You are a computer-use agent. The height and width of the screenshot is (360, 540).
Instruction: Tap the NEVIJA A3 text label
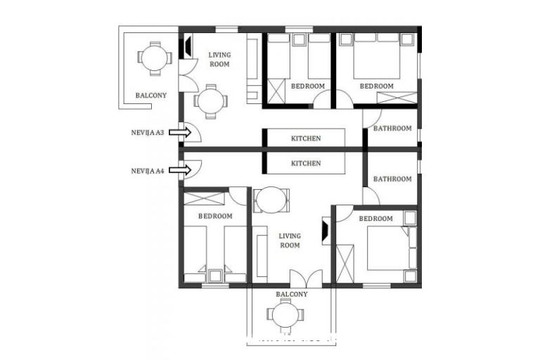tap(148, 131)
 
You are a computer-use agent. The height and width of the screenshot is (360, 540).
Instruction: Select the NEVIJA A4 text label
tap(148, 170)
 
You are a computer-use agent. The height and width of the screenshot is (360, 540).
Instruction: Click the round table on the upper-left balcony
tap(153, 57)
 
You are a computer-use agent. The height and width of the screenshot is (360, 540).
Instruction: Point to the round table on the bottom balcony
tap(285, 314)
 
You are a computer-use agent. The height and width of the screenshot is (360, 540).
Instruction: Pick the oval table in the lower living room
tap(270, 200)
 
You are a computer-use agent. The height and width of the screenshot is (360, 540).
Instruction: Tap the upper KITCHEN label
tap(306, 139)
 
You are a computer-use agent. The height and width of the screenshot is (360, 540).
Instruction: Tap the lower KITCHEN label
tap(306, 163)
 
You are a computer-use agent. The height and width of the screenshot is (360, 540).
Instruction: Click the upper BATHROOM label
tap(392, 129)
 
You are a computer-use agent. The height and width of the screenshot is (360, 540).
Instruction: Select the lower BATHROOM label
tap(392, 179)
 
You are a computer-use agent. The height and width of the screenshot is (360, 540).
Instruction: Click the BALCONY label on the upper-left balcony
tap(151, 95)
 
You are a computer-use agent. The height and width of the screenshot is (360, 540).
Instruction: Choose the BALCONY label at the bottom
tap(291, 294)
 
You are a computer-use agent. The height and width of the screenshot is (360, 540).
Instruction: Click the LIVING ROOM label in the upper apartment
tap(220, 59)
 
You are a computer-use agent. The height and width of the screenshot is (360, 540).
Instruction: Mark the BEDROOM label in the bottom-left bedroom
tap(214, 216)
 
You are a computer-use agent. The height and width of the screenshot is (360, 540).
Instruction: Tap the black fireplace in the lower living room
tap(326, 231)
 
